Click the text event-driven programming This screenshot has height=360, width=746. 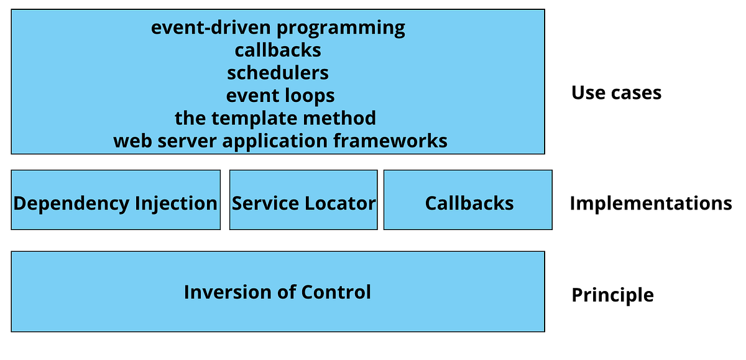278,28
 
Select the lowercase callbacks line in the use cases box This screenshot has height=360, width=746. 278,50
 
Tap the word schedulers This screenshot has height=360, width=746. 278,73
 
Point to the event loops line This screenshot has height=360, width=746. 280,95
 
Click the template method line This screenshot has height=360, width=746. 275,118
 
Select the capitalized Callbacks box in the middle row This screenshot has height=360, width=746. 469,203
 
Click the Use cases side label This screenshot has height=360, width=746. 616,93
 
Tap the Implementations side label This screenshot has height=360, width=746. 650,203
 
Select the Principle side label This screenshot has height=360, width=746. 612,295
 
